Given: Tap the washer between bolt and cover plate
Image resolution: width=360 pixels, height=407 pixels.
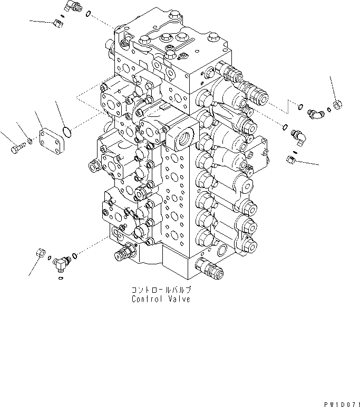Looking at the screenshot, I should tap(30, 142).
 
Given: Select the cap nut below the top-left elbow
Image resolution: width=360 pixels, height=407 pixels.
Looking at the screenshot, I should tap(59, 22).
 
